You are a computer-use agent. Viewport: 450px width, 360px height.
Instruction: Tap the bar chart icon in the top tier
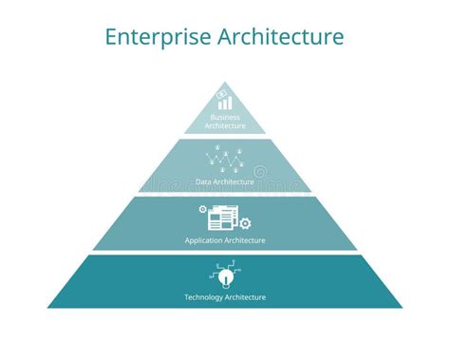pos(224,99)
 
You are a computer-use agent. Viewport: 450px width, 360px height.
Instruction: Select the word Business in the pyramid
pos(225,117)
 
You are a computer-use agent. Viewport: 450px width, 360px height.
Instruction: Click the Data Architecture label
pos(225,180)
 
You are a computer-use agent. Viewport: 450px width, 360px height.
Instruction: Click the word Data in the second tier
pos(202,180)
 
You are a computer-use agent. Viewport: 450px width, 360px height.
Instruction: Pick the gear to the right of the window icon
pos(246,223)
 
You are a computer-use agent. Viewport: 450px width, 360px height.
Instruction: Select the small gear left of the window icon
pos(202,209)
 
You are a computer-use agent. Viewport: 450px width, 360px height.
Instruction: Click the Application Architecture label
pos(225,240)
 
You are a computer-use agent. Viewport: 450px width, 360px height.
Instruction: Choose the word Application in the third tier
pos(203,240)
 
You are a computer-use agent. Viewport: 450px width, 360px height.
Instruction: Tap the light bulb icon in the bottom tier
pos(225,276)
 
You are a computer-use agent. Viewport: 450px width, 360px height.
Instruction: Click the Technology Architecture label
pos(225,297)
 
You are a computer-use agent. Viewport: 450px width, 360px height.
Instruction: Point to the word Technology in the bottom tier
pos(202,297)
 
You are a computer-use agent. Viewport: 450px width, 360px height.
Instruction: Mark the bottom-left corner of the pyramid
pos(47,308)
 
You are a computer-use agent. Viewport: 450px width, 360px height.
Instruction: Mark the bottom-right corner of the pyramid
pos(403,308)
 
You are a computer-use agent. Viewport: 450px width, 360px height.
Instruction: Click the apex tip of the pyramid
pos(225,82)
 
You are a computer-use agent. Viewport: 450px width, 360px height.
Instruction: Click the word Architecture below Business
pos(225,125)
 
